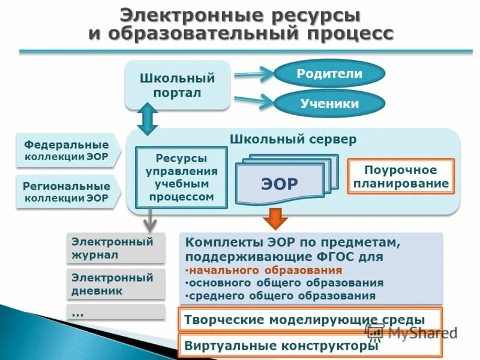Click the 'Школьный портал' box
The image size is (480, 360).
(x=177, y=85)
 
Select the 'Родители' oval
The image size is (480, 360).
(x=329, y=74)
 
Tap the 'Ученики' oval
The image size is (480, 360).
(x=329, y=104)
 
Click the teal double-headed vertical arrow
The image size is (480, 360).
(x=147, y=118)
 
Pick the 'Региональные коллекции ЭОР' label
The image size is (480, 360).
(x=67, y=191)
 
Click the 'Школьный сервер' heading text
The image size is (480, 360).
(x=293, y=139)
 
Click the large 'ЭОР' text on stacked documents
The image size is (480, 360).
(x=280, y=184)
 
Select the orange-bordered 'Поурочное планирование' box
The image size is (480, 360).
(x=401, y=177)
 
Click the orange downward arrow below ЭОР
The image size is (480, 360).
(x=275, y=219)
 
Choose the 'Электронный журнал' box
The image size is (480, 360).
(x=115, y=248)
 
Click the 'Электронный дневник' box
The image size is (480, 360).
(x=115, y=284)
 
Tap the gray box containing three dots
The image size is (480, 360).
(x=115, y=313)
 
